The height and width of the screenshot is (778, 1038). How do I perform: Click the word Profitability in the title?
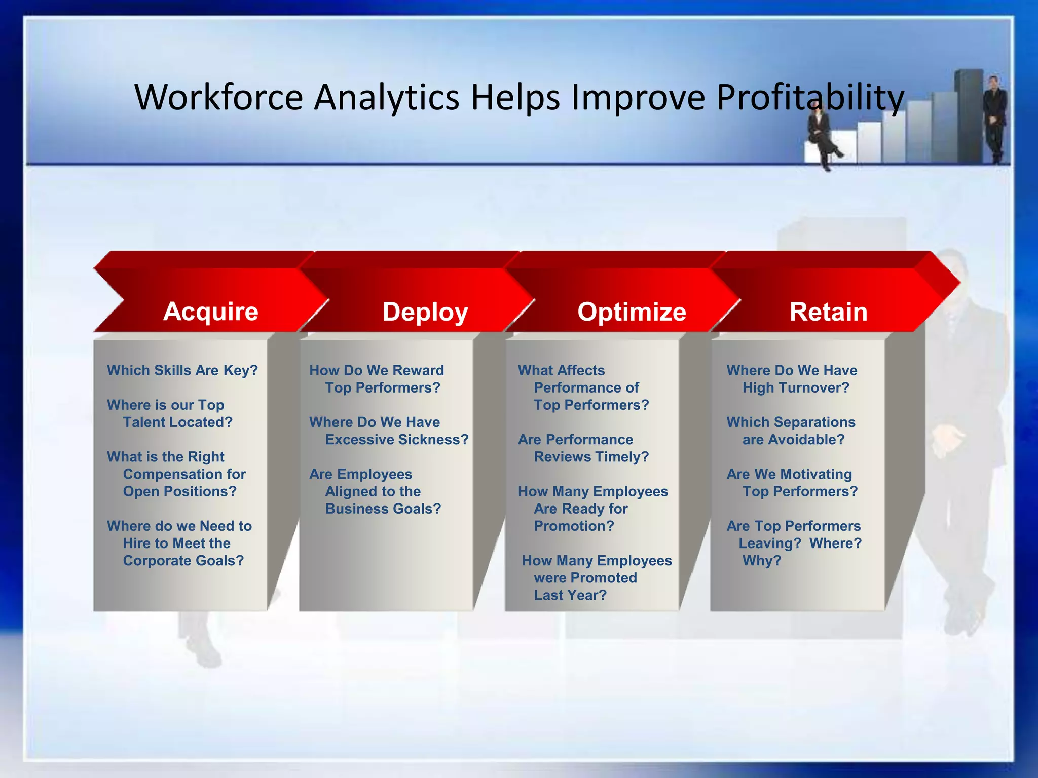pyautogui.click(x=809, y=97)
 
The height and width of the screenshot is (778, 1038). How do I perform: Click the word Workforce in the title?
pyautogui.click(x=218, y=97)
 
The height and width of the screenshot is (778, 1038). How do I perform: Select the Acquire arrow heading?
pyautogui.click(x=211, y=311)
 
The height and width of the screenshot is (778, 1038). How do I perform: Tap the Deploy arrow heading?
pyautogui.click(x=425, y=312)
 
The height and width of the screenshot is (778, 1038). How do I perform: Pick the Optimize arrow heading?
pyautogui.click(x=632, y=312)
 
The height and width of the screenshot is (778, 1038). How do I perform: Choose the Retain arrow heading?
pyautogui.click(x=828, y=312)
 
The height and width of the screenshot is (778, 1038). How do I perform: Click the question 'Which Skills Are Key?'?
pyautogui.click(x=182, y=370)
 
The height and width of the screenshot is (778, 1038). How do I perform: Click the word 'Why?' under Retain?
pyautogui.click(x=761, y=561)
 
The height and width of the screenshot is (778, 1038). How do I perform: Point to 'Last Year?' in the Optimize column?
pyautogui.click(x=570, y=595)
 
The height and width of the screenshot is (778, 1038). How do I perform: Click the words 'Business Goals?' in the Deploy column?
pyautogui.click(x=383, y=509)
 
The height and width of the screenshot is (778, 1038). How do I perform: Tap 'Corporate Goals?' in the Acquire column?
pyautogui.click(x=183, y=561)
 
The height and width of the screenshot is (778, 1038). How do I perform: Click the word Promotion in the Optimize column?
pyautogui.click(x=573, y=526)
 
